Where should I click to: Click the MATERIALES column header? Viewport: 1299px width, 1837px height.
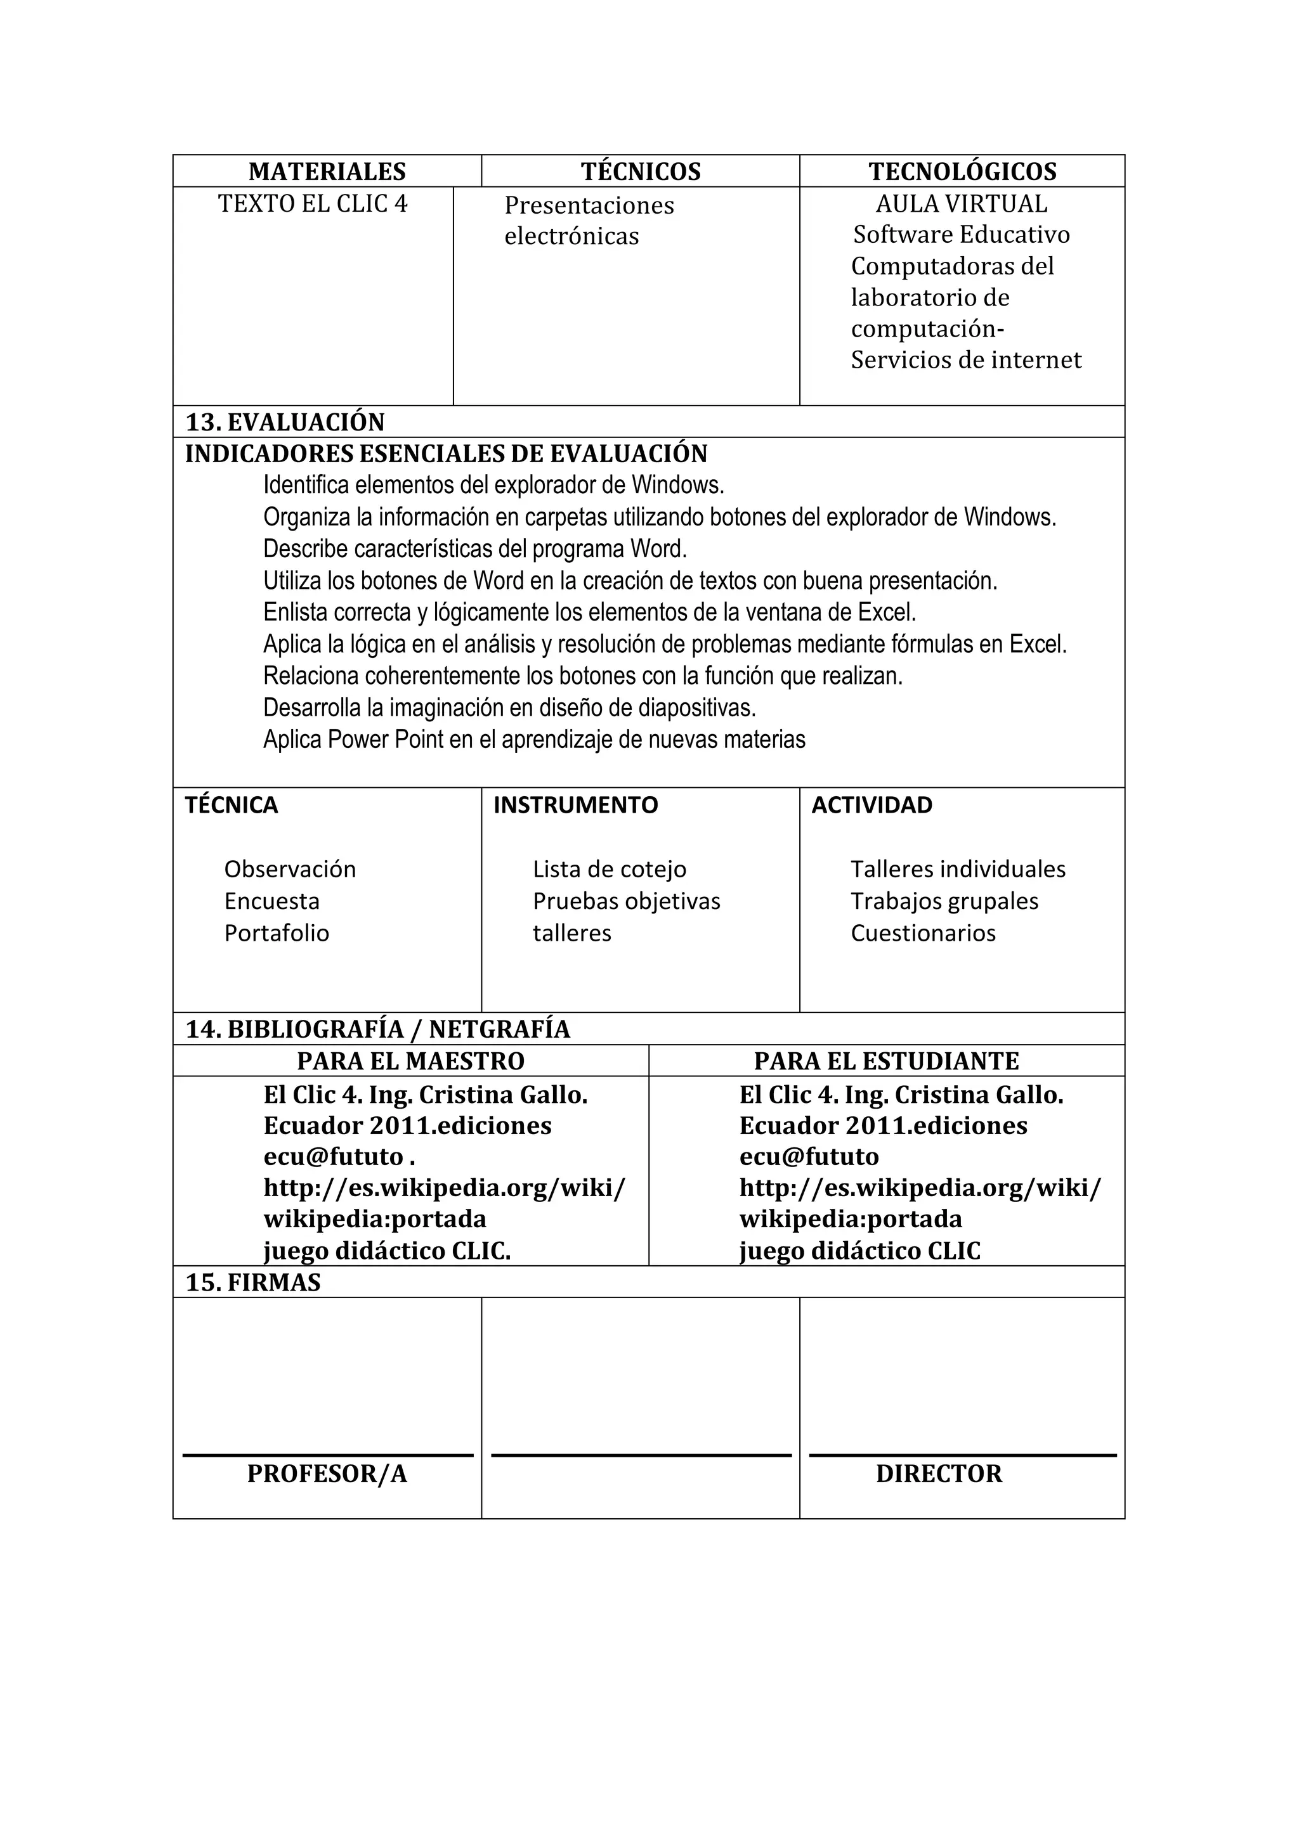point(327,171)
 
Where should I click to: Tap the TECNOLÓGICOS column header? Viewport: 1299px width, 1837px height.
point(962,171)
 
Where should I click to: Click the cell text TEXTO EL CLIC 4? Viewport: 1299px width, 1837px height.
point(312,204)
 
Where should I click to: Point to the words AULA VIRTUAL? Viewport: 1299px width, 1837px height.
point(960,204)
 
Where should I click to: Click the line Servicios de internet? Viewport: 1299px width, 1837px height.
point(965,360)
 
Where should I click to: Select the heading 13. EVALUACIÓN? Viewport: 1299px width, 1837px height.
point(285,422)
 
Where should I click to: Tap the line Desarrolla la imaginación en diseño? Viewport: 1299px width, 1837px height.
point(509,707)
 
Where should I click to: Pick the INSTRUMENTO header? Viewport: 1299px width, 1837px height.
point(575,805)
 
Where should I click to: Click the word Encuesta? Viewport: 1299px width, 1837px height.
point(271,901)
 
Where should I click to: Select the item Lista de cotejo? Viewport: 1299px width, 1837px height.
point(609,869)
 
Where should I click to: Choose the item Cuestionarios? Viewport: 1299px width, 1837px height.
point(922,933)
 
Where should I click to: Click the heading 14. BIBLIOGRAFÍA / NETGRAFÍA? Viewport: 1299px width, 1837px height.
point(378,1029)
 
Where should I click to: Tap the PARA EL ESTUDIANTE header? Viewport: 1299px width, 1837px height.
point(886,1061)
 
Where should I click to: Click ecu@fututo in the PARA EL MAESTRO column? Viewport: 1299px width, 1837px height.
point(334,1156)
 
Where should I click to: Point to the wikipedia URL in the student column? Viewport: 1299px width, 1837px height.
point(919,1188)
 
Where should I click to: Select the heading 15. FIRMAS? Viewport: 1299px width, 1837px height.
point(253,1282)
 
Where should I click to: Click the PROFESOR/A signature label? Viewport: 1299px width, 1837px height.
point(327,1474)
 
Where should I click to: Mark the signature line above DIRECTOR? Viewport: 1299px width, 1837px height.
point(962,1455)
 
